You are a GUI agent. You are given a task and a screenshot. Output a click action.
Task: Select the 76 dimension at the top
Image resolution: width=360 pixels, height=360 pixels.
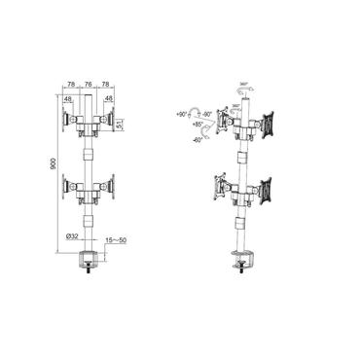click(86, 85)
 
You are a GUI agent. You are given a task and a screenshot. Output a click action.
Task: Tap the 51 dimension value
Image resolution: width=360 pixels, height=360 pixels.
click(121, 125)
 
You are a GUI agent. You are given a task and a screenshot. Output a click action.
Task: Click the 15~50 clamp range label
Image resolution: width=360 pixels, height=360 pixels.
click(115, 237)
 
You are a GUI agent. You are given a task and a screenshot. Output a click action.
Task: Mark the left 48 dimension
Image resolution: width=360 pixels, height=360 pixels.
click(69, 98)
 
